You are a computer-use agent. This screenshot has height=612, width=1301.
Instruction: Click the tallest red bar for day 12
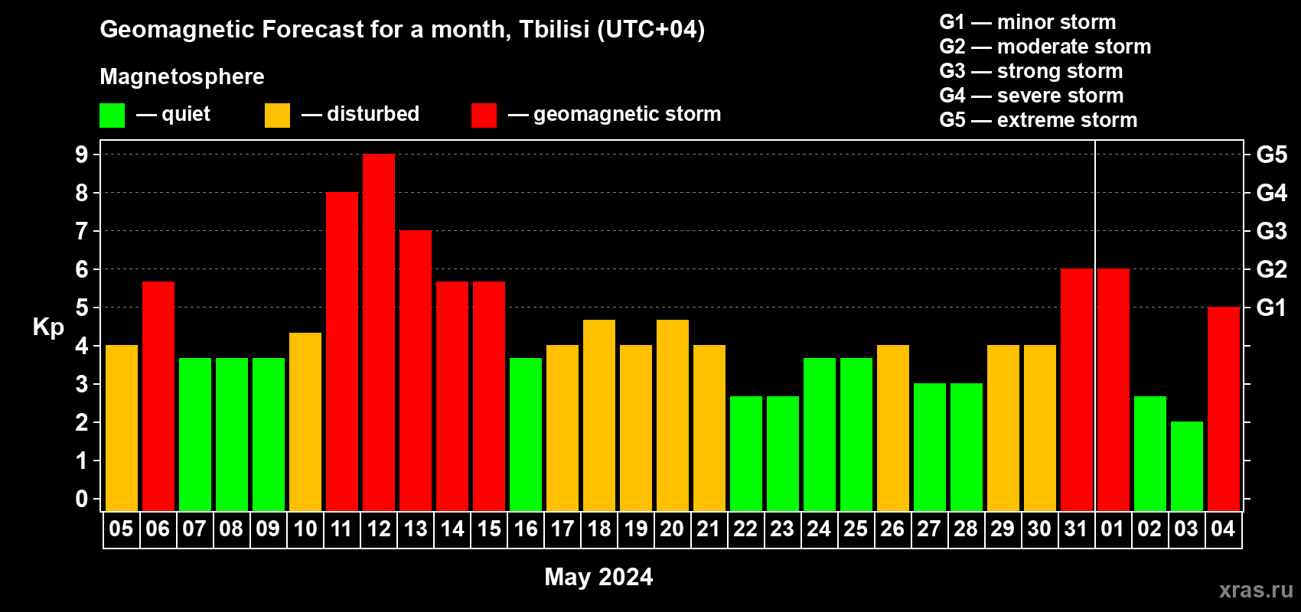[x=379, y=332]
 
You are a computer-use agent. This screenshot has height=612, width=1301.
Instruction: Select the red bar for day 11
[x=342, y=351]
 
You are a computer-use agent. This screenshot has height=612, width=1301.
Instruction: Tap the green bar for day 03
[x=1186, y=466]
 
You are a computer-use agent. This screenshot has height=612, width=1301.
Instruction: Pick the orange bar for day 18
[x=598, y=415]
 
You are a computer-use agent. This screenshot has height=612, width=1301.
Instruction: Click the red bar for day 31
[x=1077, y=389]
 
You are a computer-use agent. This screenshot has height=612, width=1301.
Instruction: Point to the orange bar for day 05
[x=122, y=428]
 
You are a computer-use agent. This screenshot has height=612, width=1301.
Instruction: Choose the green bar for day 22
[x=745, y=454]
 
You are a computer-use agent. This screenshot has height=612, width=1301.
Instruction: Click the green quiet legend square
[x=112, y=115]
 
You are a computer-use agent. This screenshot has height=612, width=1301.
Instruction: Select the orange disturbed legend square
[x=277, y=115]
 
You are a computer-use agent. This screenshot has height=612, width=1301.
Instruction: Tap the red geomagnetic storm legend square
[x=484, y=115]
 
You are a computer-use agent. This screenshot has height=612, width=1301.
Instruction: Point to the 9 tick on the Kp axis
[x=82, y=155]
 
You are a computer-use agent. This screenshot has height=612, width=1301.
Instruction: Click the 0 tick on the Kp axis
[x=82, y=499]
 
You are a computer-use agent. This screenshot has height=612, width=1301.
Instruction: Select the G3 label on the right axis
[x=1271, y=231]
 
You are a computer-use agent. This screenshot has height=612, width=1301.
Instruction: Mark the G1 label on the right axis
[x=1271, y=308]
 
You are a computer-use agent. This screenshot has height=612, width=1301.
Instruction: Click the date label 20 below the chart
[x=672, y=529]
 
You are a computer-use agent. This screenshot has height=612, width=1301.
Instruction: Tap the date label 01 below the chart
[x=1113, y=529]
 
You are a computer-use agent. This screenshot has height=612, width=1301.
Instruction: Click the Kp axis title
[x=48, y=327]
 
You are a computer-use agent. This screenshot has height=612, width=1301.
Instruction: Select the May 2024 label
[x=598, y=577]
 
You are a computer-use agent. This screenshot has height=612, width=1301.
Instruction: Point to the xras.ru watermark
[x=1256, y=590]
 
